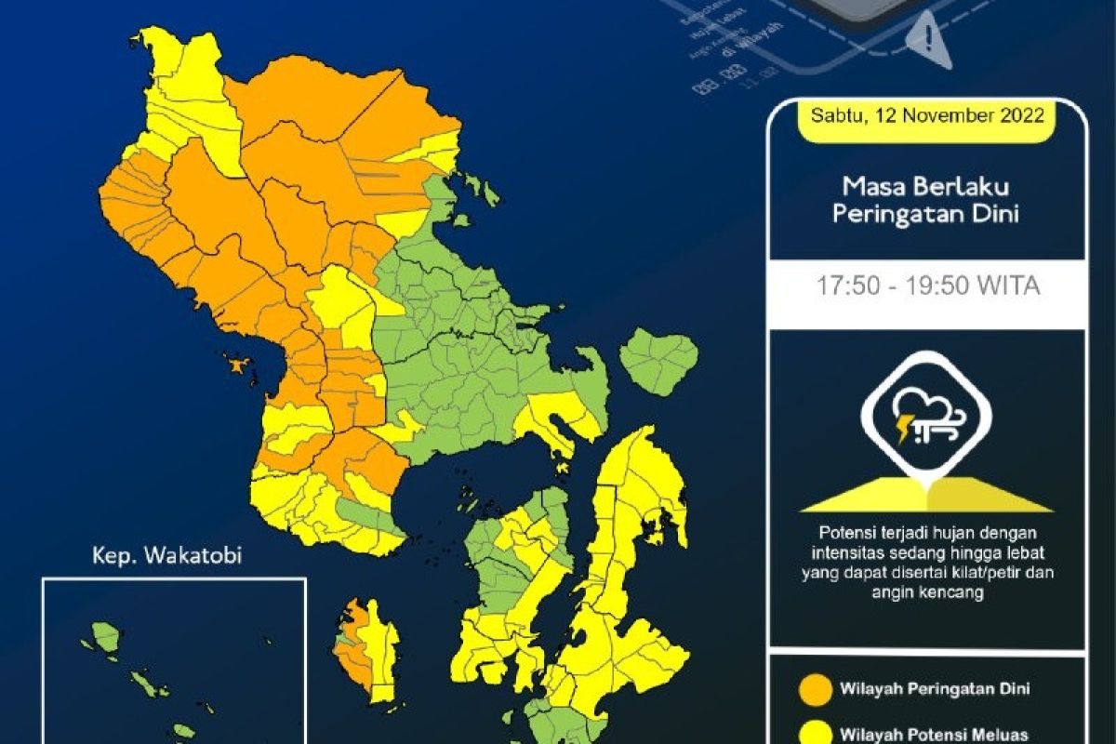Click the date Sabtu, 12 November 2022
927,116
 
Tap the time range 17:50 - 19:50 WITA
927,286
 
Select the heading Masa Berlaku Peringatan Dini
926,200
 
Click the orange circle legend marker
815,689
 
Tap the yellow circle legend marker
815,732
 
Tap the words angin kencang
927,590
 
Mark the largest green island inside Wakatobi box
106,637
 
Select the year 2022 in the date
1023,116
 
